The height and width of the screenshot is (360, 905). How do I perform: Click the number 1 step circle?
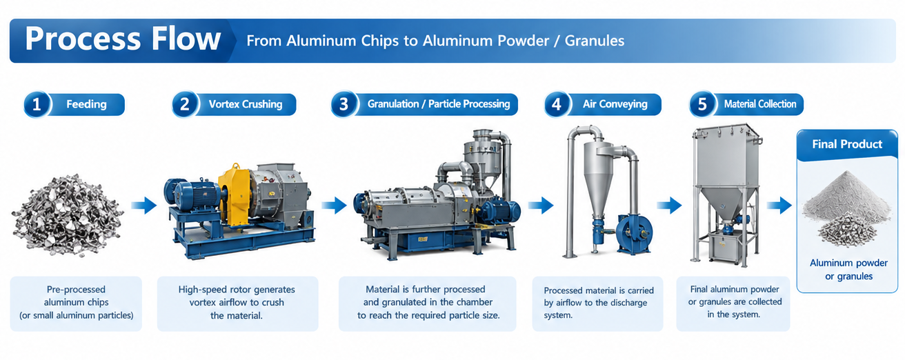pyautogui.click(x=37, y=105)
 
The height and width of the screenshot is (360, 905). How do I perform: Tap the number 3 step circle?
pyautogui.click(x=344, y=105)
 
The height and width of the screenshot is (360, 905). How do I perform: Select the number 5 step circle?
pyautogui.click(x=702, y=105)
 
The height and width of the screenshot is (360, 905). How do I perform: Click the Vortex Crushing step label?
pyautogui.click(x=246, y=104)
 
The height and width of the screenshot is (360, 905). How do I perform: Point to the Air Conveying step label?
pyautogui.click(x=615, y=104)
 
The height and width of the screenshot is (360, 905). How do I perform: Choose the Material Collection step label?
pyautogui.click(x=760, y=104)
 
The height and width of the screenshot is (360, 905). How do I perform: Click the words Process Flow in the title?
pyautogui.click(x=123, y=39)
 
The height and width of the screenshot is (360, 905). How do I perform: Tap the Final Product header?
pyautogui.click(x=847, y=144)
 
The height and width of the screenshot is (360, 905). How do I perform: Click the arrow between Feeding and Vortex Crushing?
pyautogui.click(x=144, y=206)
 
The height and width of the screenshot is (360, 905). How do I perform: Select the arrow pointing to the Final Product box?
pyautogui.click(x=779, y=206)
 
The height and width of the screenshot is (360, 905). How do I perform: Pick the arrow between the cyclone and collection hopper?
pyautogui.click(x=670, y=206)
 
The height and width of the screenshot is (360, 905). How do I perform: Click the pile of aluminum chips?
pyautogui.click(x=67, y=215)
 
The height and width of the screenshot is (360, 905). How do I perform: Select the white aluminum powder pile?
pyautogui.click(x=847, y=196)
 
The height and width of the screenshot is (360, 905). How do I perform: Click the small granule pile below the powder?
pyautogui.click(x=846, y=229)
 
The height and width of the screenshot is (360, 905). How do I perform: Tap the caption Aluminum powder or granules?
pyautogui.click(x=848, y=270)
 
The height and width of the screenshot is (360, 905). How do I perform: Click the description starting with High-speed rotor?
pyautogui.click(x=237, y=302)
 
